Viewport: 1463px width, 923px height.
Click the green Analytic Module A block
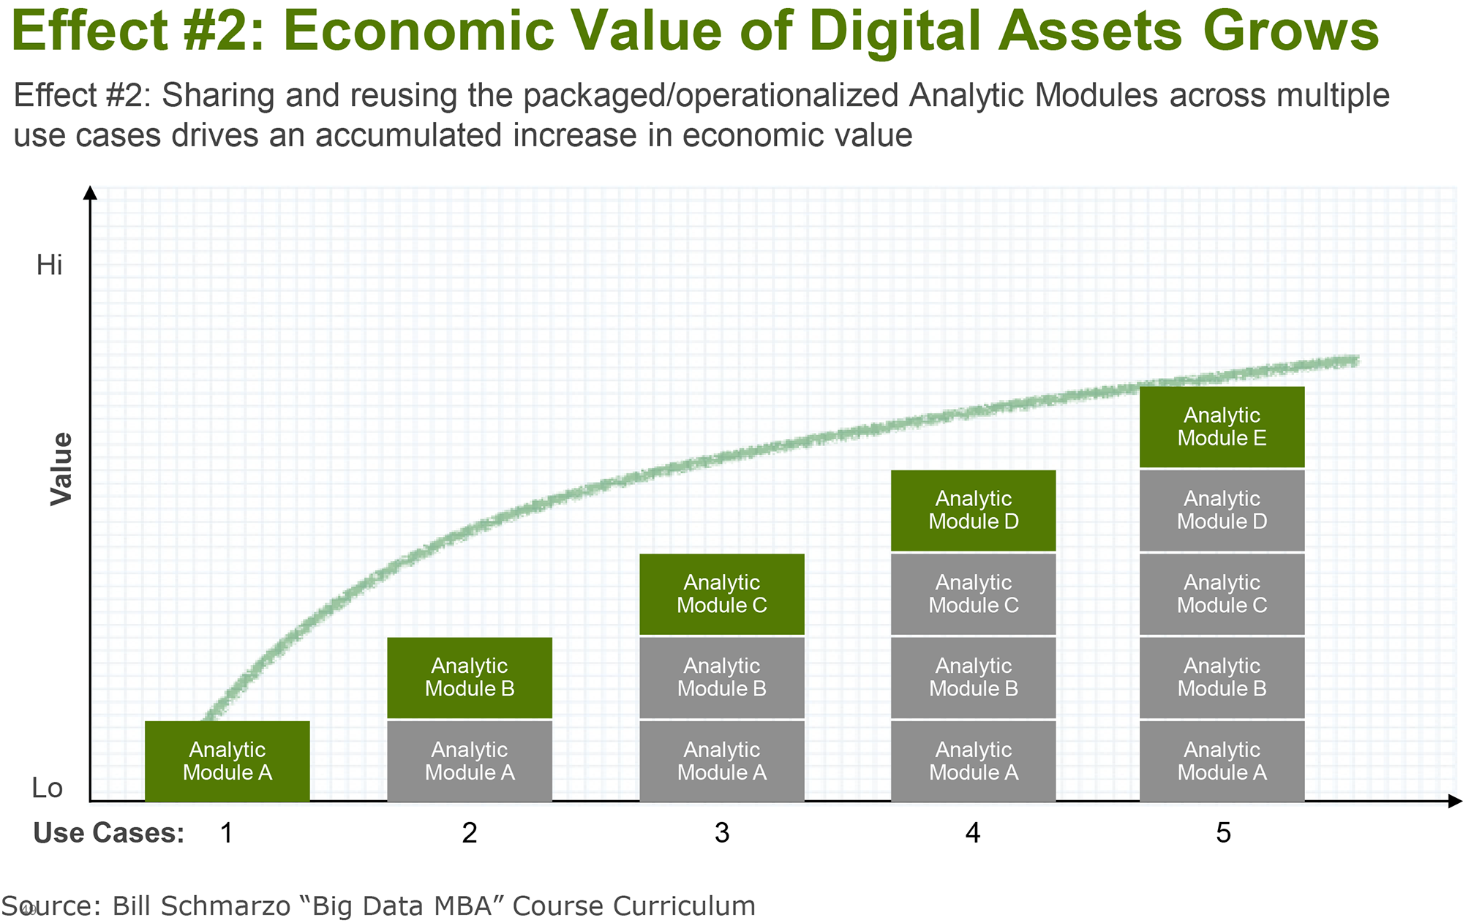point(227,761)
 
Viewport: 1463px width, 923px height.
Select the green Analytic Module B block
point(470,678)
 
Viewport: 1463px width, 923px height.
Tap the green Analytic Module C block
point(722,594)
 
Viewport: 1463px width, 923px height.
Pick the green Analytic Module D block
point(974,511)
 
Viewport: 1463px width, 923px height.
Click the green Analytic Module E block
point(1222,426)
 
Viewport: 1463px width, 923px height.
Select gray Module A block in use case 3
point(722,761)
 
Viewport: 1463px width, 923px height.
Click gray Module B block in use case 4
point(974,678)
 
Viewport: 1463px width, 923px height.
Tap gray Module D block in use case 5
point(1222,511)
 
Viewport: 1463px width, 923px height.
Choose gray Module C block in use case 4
point(974,594)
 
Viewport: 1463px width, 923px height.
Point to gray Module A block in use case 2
point(470,761)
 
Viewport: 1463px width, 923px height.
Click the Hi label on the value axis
point(50,265)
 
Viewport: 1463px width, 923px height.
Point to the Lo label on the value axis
point(48,788)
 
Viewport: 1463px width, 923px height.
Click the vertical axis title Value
point(61,469)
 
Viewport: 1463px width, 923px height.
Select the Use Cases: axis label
point(109,833)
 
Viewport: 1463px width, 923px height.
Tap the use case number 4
point(972,833)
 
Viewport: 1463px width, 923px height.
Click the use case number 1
point(227,833)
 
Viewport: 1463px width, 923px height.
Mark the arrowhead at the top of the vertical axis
point(91,192)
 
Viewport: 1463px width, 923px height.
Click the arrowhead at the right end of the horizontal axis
point(1455,802)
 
